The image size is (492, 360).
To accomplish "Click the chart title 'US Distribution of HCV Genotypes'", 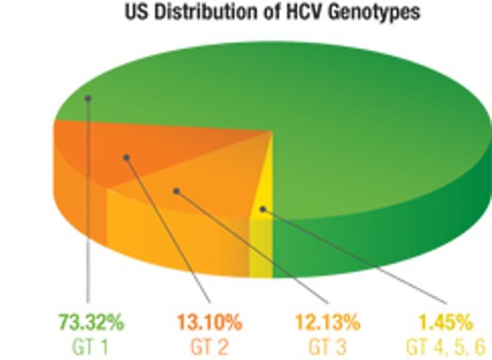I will (x=272, y=12).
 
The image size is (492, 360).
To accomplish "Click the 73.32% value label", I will (x=91, y=323).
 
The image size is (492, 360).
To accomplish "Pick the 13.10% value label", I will (x=209, y=323).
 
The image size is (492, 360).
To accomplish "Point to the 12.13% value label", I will (x=327, y=323).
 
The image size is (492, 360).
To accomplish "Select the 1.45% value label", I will (x=445, y=323).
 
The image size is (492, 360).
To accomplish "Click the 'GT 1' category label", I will (x=91, y=347).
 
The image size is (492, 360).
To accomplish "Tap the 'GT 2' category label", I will (x=209, y=347).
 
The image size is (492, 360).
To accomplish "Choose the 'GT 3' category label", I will (x=327, y=347).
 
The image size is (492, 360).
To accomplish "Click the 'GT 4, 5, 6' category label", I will (x=445, y=347).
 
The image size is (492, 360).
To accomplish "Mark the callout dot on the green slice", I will (x=88, y=98).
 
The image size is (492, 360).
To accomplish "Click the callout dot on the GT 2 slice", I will (x=126, y=157).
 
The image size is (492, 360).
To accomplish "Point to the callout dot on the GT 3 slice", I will (x=176, y=191).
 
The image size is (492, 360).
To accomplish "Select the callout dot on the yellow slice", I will (x=262, y=209).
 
